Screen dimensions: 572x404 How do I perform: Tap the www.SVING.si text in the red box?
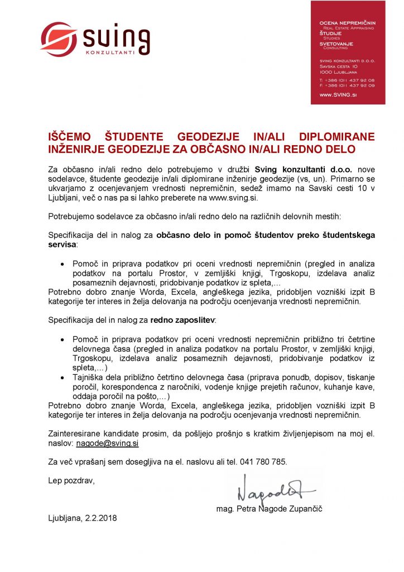coord(338,96)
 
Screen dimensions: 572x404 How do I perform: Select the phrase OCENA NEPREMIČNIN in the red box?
coord(347,23)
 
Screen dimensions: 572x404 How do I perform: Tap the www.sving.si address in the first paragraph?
coord(233,197)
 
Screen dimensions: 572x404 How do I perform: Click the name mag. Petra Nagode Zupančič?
coord(270,509)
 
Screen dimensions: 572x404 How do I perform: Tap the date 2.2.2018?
coord(100,518)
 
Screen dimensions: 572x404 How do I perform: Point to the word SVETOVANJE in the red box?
coord(336,43)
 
